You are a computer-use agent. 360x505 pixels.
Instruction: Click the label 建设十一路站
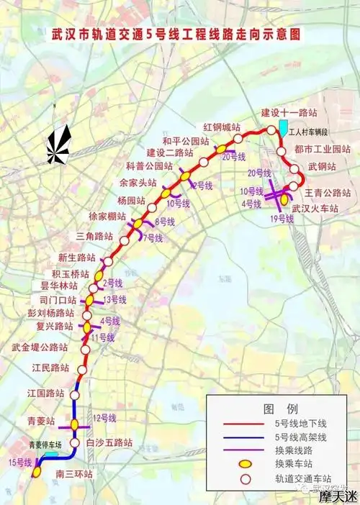289,114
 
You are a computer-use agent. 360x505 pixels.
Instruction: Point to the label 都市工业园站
320,149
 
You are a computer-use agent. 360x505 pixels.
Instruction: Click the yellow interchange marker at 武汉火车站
285,197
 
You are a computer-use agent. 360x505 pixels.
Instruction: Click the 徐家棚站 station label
107,216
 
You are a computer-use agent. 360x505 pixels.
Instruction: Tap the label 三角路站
94,236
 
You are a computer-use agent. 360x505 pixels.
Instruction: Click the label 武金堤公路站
40,347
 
